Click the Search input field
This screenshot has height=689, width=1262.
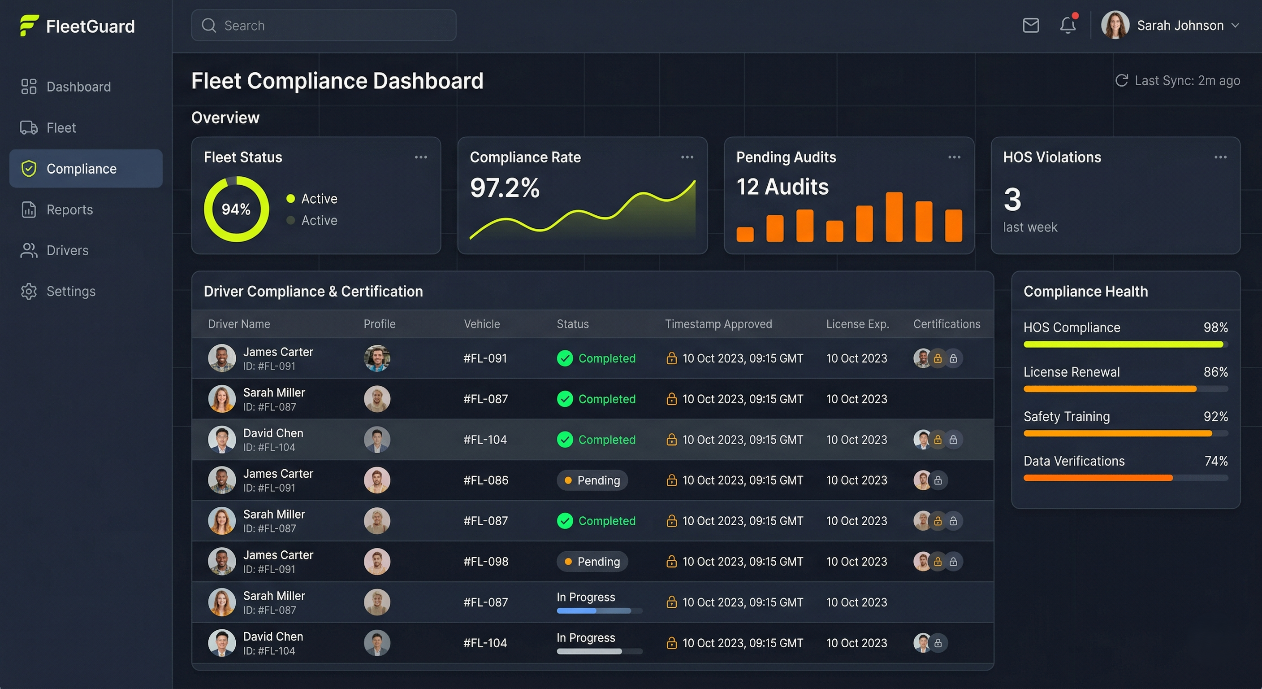323,26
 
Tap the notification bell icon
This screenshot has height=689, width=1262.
1068,25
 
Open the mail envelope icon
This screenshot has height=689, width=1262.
1031,25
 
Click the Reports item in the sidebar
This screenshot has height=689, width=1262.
69,210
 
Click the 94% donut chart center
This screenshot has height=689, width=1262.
236,209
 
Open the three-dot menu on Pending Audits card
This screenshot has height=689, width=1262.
954,157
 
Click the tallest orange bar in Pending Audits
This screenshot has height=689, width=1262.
894,217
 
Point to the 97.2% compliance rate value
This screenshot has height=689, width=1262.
505,188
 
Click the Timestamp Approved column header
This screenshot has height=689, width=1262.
718,324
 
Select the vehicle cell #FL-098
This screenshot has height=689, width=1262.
485,562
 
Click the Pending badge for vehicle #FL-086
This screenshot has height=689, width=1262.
592,480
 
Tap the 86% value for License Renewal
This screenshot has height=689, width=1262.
1215,372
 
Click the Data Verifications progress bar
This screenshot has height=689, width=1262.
1125,478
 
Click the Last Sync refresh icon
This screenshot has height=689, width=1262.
1121,80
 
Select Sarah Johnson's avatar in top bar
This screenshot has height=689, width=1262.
1115,25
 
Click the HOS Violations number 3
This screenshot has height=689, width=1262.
1012,200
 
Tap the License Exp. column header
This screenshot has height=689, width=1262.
857,324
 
